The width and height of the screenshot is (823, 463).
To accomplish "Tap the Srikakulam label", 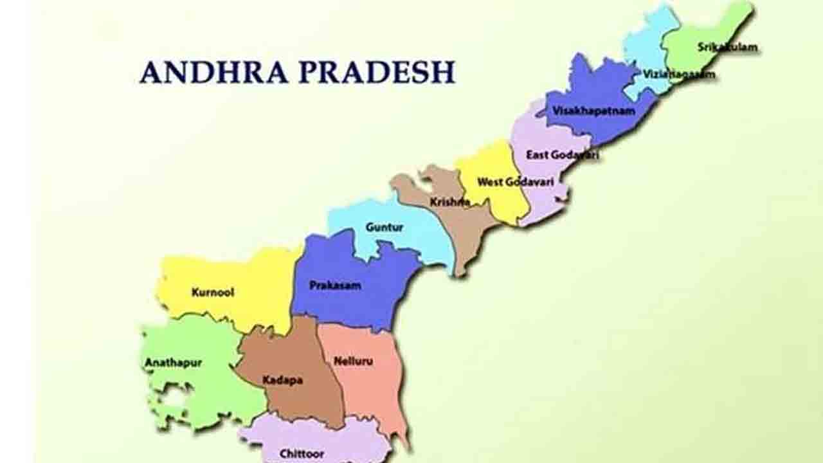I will tap(727, 47).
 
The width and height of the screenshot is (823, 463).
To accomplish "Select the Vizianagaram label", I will tap(678, 75).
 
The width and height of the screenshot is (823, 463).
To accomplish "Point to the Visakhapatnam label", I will tap(593, 111).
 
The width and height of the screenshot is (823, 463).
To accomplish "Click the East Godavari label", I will tap(562, 155).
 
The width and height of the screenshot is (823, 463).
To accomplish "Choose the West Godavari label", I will tap(515, 182).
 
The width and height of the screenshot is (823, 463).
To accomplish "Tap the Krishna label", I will tap(449, 202).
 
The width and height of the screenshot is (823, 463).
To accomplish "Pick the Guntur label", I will tap(384, 227).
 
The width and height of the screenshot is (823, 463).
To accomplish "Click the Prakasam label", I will tap(335, 285).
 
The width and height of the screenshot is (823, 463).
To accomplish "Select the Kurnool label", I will tap(213, 292).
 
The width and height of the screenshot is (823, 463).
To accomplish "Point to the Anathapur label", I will tap(173, 363).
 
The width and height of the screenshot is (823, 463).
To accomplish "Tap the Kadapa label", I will tap(282, 380).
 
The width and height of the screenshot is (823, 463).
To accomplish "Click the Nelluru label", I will tap(353, 361).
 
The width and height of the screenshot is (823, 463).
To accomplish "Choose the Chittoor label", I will tap(301, 453).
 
